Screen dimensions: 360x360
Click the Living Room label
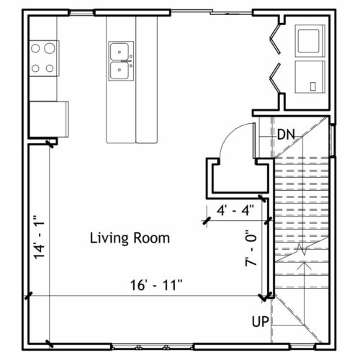tap(130, 238)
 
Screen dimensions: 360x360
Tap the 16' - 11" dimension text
tap(156, 285)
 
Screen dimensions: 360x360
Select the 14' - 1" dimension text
tap(39, 237)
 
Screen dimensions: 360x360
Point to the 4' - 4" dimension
tap(235, 210)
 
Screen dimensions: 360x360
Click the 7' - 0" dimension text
tap(251, 248)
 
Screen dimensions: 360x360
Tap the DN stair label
tap(286, 135)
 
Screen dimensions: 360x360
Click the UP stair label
tap(261, 322)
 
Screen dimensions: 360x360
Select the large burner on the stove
tap(50, 48)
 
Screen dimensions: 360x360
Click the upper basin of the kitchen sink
tap(119, 52)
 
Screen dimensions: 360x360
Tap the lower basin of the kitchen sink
tap(119, 71)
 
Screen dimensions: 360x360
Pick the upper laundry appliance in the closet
tap(310, 41)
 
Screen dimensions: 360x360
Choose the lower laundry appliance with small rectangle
tap(310, 77)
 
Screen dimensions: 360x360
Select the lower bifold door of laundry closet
tap(275, 78)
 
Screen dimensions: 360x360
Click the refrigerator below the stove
tap(49, 120)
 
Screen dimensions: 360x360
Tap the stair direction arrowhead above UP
tap(305, 265)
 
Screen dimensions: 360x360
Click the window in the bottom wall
tap(153, 347)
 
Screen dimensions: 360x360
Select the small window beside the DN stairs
tap(333, 140)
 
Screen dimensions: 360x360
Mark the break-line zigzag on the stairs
tap(302, 249)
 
